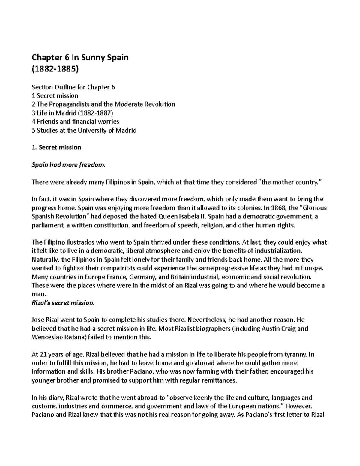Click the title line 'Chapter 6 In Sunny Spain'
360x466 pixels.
coord(80,57)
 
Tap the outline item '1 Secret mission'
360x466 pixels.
coord(55,96)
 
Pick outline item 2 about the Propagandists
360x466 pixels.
coord(103,104)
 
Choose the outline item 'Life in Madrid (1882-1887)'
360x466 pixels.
coord(73,113)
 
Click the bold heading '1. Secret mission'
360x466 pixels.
coord(56,147)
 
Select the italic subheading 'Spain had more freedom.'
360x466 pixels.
coord(69,165)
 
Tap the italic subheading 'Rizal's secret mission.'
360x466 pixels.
coord(63,303)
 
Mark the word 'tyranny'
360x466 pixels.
coord(295,355)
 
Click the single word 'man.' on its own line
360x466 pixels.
coord(37,294)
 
